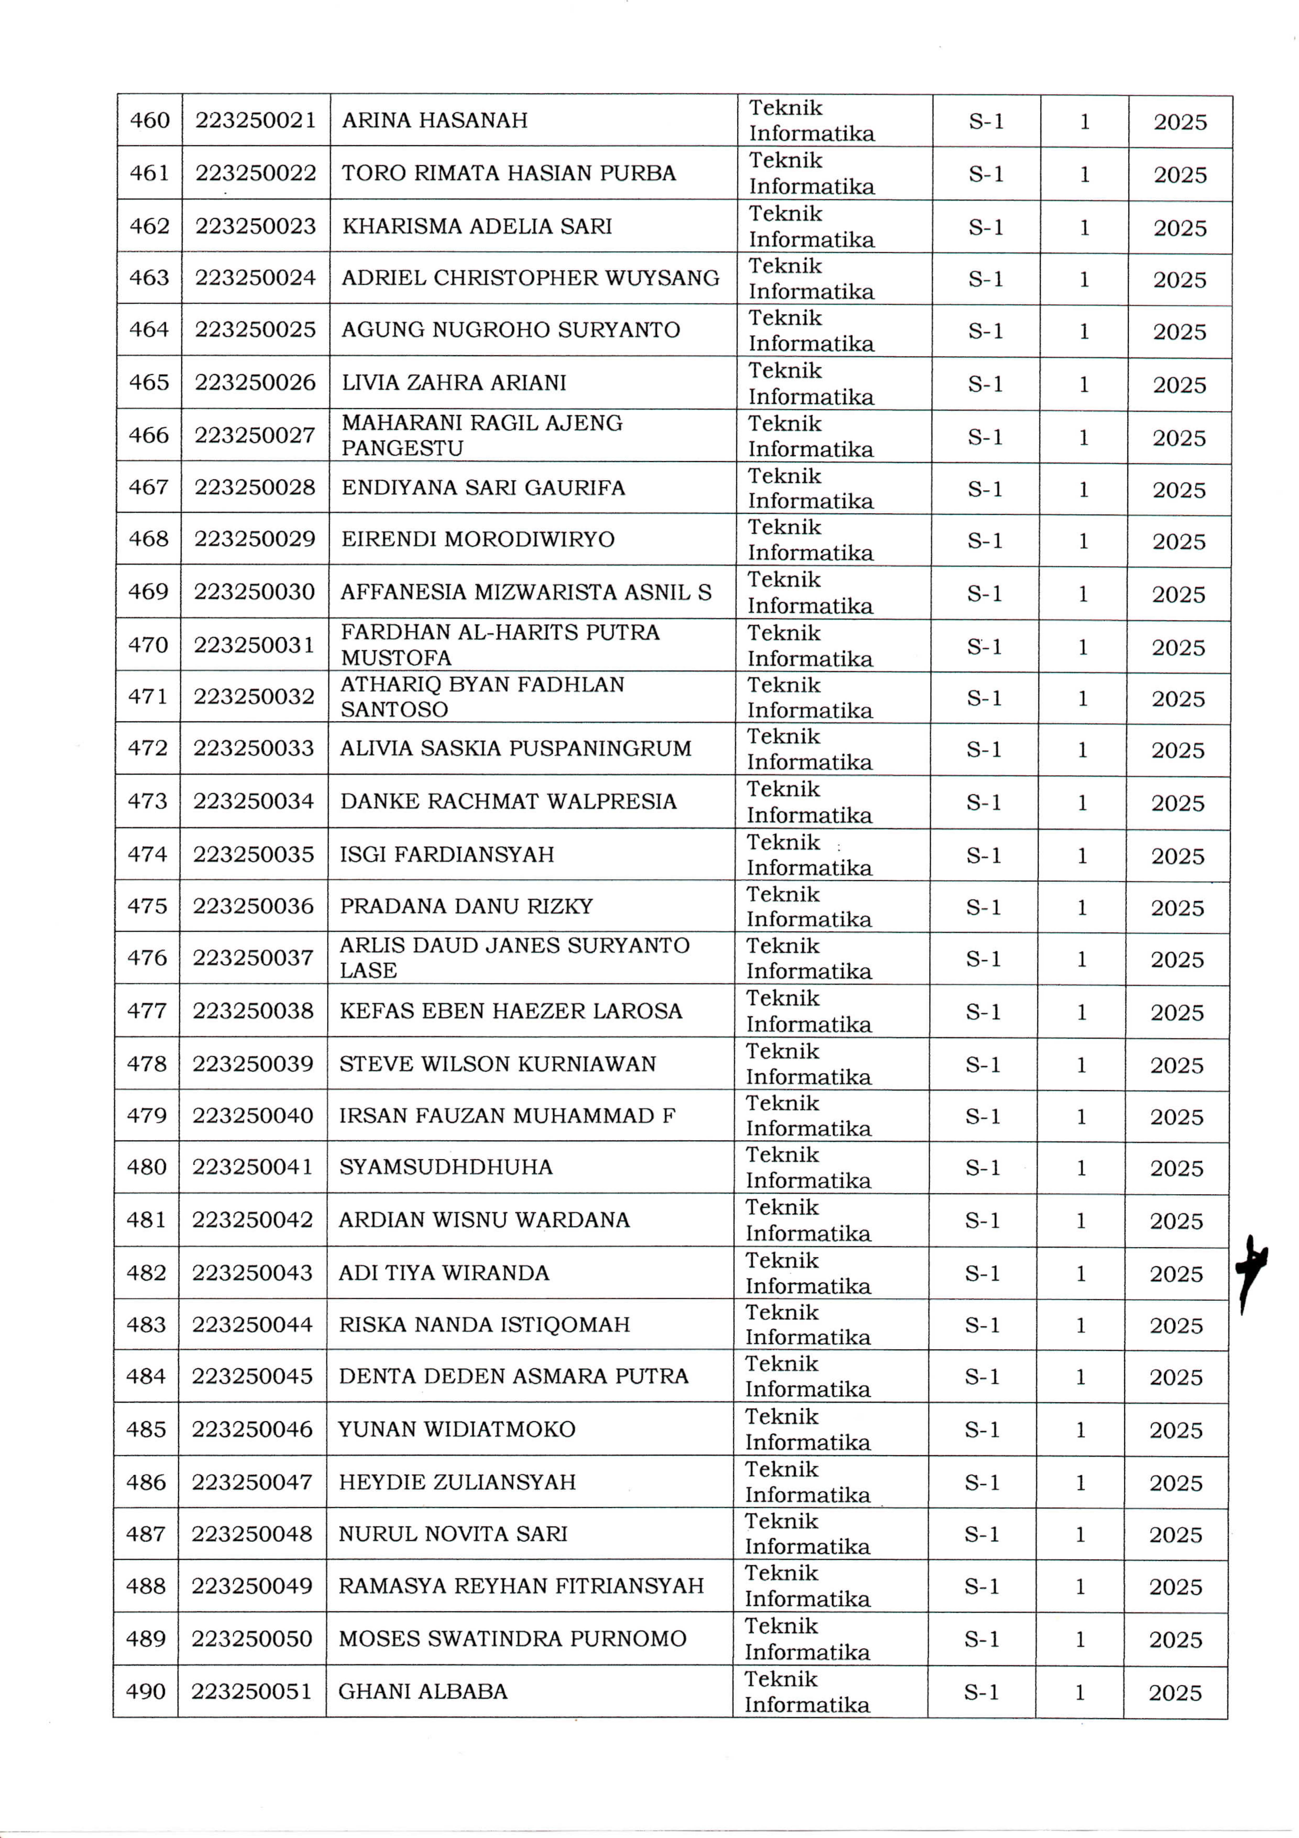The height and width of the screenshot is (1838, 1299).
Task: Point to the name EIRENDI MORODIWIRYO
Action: click(478, 540)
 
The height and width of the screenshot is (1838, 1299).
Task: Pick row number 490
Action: click(146, 1692)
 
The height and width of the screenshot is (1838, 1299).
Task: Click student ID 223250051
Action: click(251, 1692)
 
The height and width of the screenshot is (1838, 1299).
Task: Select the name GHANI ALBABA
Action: click(423, 1692)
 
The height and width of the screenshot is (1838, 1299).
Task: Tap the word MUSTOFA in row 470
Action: click(396, 658)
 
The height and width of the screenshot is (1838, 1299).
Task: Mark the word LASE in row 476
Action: click(368, 970)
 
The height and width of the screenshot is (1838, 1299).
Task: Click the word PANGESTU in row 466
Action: click(403, 448)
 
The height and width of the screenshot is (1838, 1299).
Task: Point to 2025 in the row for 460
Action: click(1180, 123)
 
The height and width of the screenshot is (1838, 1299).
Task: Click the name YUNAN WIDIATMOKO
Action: click(456, 1430)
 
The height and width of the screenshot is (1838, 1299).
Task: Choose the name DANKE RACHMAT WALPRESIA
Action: click(508, 801)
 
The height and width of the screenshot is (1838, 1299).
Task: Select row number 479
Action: click(146, 1116)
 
